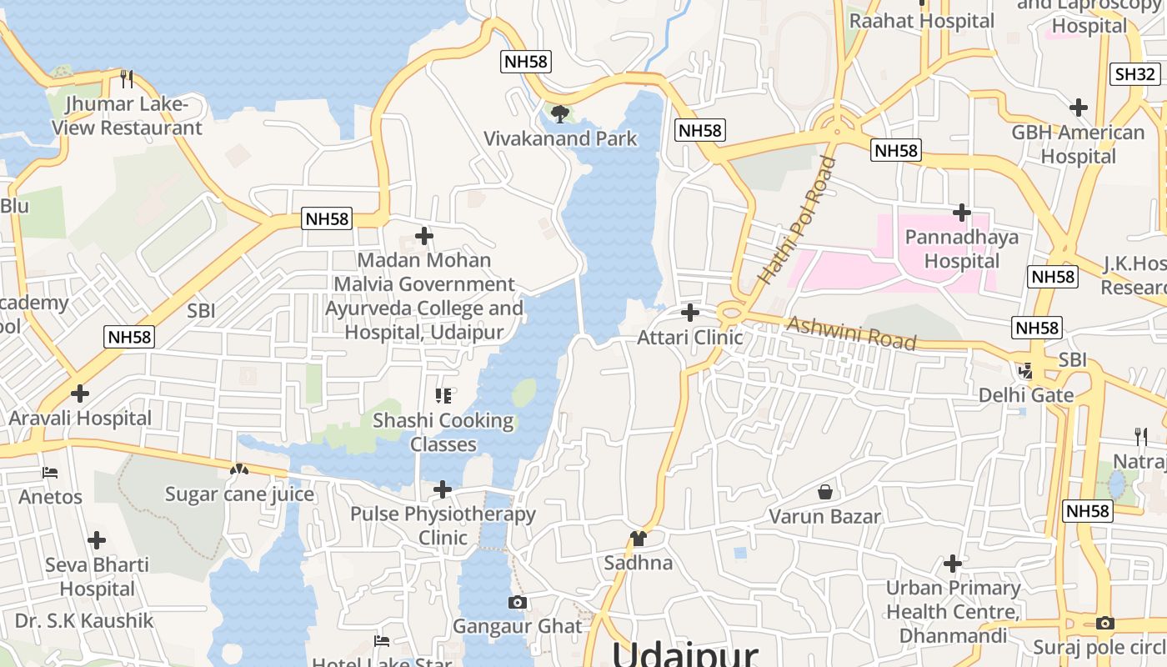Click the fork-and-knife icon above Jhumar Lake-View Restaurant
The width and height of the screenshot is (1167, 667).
127,79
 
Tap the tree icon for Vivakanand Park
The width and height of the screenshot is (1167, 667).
560,113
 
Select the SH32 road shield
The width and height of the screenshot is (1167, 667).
1135,74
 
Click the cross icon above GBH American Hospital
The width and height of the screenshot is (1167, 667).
1079,108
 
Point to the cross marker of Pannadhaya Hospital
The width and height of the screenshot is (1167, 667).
962,213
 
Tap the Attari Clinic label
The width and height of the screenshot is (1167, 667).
689,338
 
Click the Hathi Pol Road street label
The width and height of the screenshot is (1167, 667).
796,221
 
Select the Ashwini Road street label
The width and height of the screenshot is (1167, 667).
851,333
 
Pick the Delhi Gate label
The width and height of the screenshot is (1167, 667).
1026,394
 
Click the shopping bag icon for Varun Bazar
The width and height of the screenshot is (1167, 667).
825,492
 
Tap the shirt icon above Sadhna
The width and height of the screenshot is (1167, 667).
639,538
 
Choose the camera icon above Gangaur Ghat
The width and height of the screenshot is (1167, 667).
518,602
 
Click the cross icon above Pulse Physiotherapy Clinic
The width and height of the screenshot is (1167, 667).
443,489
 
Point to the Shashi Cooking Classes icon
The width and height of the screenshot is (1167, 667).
443,395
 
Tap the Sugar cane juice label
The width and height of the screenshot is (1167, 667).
239,494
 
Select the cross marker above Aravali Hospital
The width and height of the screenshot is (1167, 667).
80,393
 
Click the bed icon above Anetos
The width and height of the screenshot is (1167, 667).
50,473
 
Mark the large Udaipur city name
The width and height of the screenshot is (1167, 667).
685,653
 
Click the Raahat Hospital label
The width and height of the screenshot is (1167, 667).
921,21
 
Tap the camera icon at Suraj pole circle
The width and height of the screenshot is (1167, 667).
1105,623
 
